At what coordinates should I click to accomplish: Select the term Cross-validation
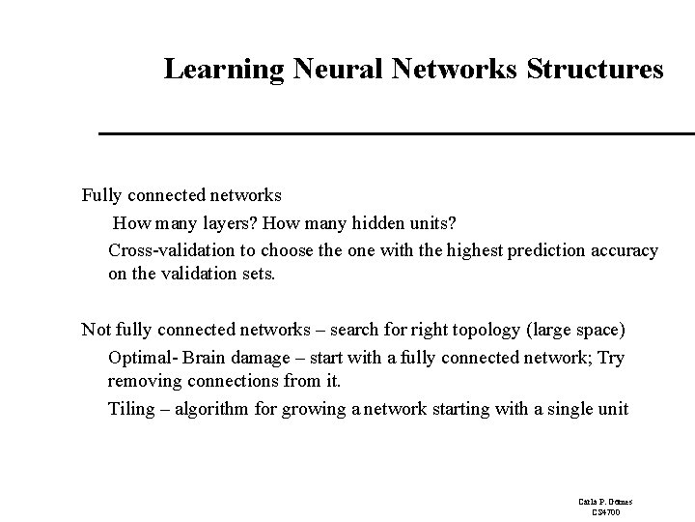[171, 250]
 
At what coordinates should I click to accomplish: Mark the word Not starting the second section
[96, 330]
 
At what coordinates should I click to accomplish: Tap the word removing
[141, 381]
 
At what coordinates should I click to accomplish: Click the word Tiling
[131, 409]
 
